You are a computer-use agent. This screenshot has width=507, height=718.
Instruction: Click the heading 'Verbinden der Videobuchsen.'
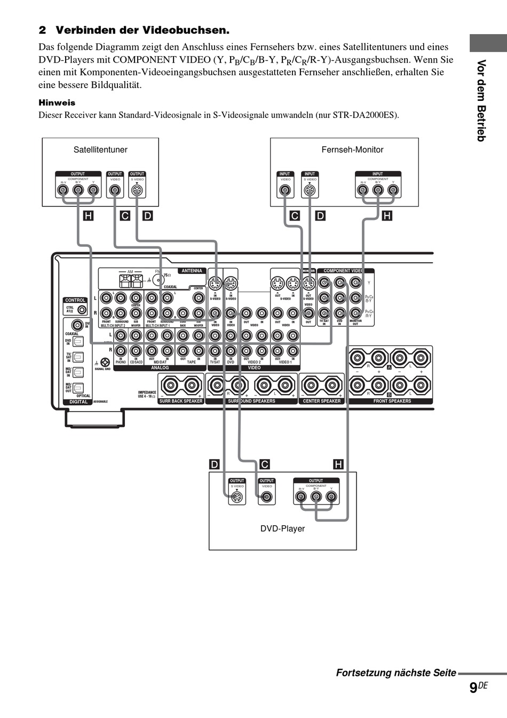click(x=142, y=30)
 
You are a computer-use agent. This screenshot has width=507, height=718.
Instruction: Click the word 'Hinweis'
click(x=57, y=102)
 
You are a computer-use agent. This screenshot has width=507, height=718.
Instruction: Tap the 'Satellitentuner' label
click(x=100, y=150)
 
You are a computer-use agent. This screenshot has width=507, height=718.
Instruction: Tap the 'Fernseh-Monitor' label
click(x=352, y=150)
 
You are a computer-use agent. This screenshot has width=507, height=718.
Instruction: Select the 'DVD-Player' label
click(x=282, y=528)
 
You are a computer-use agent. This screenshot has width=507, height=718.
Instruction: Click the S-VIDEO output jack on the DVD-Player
click(x=237, y=498)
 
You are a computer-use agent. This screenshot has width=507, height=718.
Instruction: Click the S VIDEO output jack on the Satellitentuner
click(x=137, y=191)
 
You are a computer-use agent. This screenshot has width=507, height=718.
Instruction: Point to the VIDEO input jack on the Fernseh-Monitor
click(x=286, y=191)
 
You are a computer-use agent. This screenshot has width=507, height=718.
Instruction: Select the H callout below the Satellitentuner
click(x=88, y=216)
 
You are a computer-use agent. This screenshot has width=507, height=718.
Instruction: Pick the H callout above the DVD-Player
click(x=338, y=464)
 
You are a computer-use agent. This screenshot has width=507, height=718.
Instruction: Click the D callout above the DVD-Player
click(x=214, y=464)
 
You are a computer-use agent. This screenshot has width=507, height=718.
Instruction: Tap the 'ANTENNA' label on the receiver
click(x=192, y=271)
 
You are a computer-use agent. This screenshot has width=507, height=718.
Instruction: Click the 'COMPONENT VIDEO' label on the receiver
click(x=343, y=271)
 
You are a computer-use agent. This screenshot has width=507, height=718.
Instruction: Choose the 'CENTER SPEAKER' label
click(x=322, y=401)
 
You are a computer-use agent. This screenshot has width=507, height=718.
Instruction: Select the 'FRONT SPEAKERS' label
click(x=392, y=401)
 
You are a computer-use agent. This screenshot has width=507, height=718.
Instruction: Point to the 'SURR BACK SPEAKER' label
click(x=181, y=401)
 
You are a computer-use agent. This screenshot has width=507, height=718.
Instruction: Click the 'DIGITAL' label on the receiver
click(x=78, y=401)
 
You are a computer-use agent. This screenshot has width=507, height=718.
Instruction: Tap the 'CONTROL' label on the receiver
click(x=75, y=300)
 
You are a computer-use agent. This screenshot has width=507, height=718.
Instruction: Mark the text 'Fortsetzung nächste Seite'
click(x=396, y=673)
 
